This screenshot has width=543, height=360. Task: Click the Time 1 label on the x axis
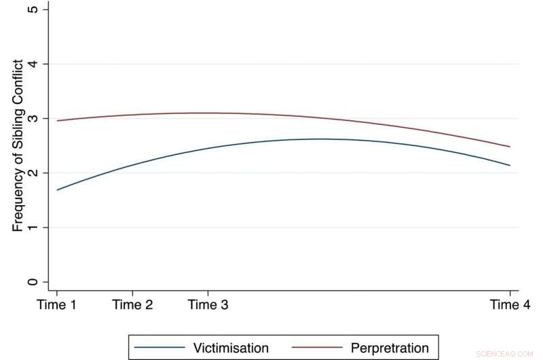(56, 305)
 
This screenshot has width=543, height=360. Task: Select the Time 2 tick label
(132, 305)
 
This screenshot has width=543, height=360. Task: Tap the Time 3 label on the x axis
(208, 305)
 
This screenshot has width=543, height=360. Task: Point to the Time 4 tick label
(510, 305)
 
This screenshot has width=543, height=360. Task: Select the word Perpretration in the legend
(390, 348)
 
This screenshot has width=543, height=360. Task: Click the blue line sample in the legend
(160, 348)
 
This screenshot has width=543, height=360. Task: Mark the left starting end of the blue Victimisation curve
(57, 190)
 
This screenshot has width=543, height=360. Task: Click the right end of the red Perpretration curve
(510, 147)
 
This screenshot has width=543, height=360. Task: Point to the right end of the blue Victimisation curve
(510, 165)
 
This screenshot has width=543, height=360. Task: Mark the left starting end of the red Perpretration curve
(57, 121)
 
